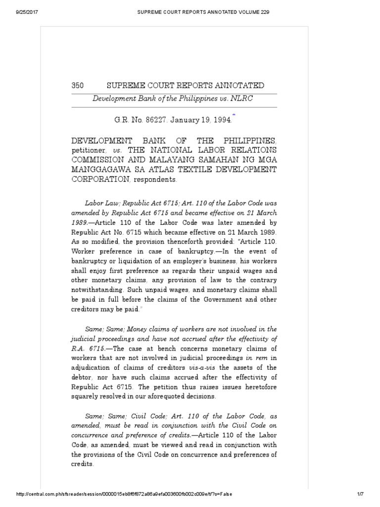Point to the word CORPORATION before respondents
tap(100, 180)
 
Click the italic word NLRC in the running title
tap(243, 98)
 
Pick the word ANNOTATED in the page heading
tap(236, 86)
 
